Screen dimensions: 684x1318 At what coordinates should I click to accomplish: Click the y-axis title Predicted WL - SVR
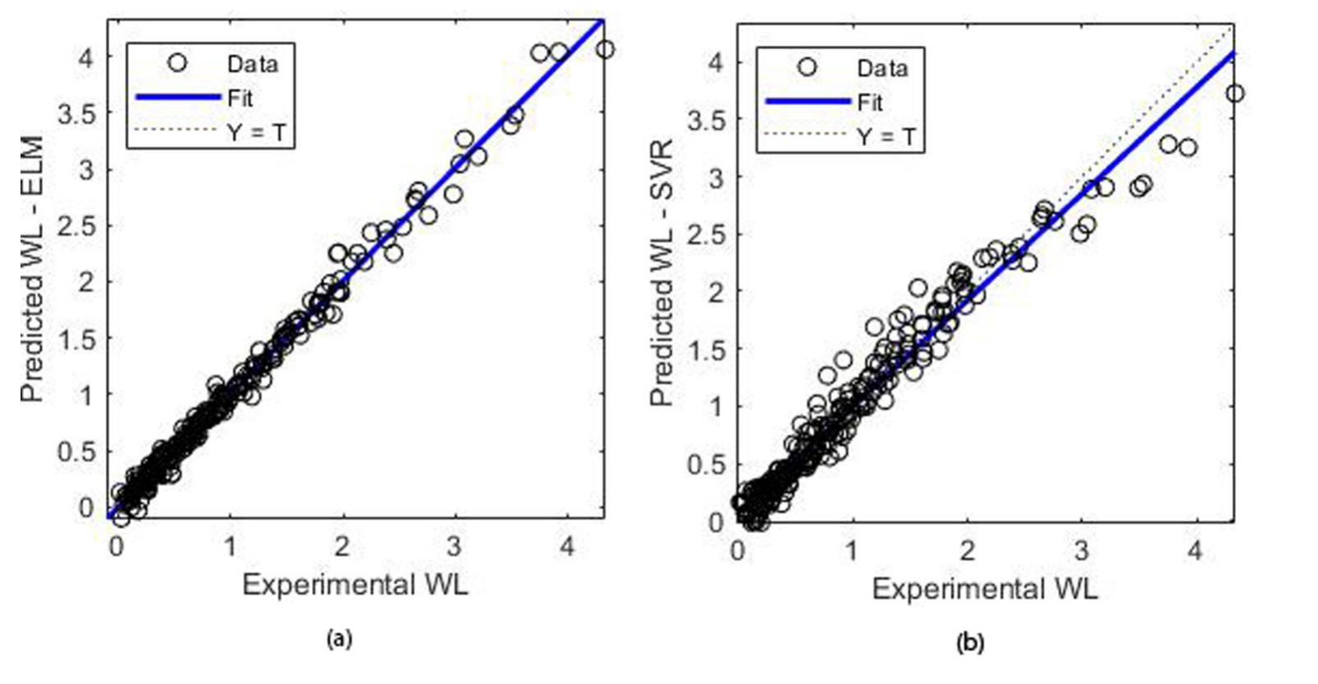[661, 274]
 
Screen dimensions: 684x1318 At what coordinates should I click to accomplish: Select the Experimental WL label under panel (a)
[355, 585]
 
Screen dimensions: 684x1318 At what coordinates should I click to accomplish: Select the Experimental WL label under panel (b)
[984, 589]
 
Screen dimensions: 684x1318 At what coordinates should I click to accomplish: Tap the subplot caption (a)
[339, 639]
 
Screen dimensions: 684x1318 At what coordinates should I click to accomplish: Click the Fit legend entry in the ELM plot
[240, 98]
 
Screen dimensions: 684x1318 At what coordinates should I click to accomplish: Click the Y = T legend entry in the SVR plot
[886, 137]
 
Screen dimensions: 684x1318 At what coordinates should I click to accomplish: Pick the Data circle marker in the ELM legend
[177, 63]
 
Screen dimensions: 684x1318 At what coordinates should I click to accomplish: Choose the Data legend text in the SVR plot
[883, 68]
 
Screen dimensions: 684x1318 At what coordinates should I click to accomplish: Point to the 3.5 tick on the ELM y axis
[77, 113]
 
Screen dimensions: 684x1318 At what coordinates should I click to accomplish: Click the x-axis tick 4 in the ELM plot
[567, 545]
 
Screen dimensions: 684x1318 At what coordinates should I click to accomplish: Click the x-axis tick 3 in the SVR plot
[1082, 549]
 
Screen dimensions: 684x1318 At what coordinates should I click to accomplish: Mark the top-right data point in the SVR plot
[1234, 93]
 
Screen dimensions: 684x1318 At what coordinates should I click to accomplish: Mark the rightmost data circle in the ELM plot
[605, 50]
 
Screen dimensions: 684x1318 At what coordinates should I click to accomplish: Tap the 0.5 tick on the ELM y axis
[77, 452]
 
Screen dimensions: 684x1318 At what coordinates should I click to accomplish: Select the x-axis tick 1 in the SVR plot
[852, 549]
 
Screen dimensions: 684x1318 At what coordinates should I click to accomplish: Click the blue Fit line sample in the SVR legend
[808, 102]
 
